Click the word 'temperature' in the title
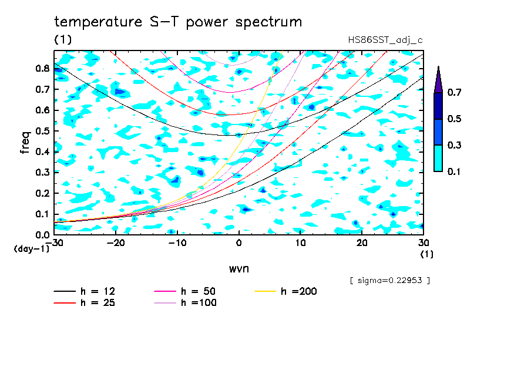(x=98, y=22)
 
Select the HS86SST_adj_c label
(x=385, y=40)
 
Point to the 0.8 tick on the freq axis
(x=42, y=68)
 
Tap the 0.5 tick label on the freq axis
(x=42, y=131)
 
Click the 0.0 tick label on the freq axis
(x=42, y=235)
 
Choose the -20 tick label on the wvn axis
(x=116, y=243)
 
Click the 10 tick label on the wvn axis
(x=300, y=243)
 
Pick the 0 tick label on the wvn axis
(x=238, y=243)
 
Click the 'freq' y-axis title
(x=25, y=143)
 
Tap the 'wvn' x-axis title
(x=238, y=269)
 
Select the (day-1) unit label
(x=32, y=249)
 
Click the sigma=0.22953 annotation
(x=390, y=281)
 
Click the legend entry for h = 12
(x=85, y=291)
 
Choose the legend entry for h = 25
(x=85, y=302)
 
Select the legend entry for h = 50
(x=185, y=291)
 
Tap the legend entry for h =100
(x=185, y=302)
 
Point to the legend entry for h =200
(x=285, y=291)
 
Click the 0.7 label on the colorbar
(x=454, y=92)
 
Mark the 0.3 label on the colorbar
(x=454, y=145)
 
